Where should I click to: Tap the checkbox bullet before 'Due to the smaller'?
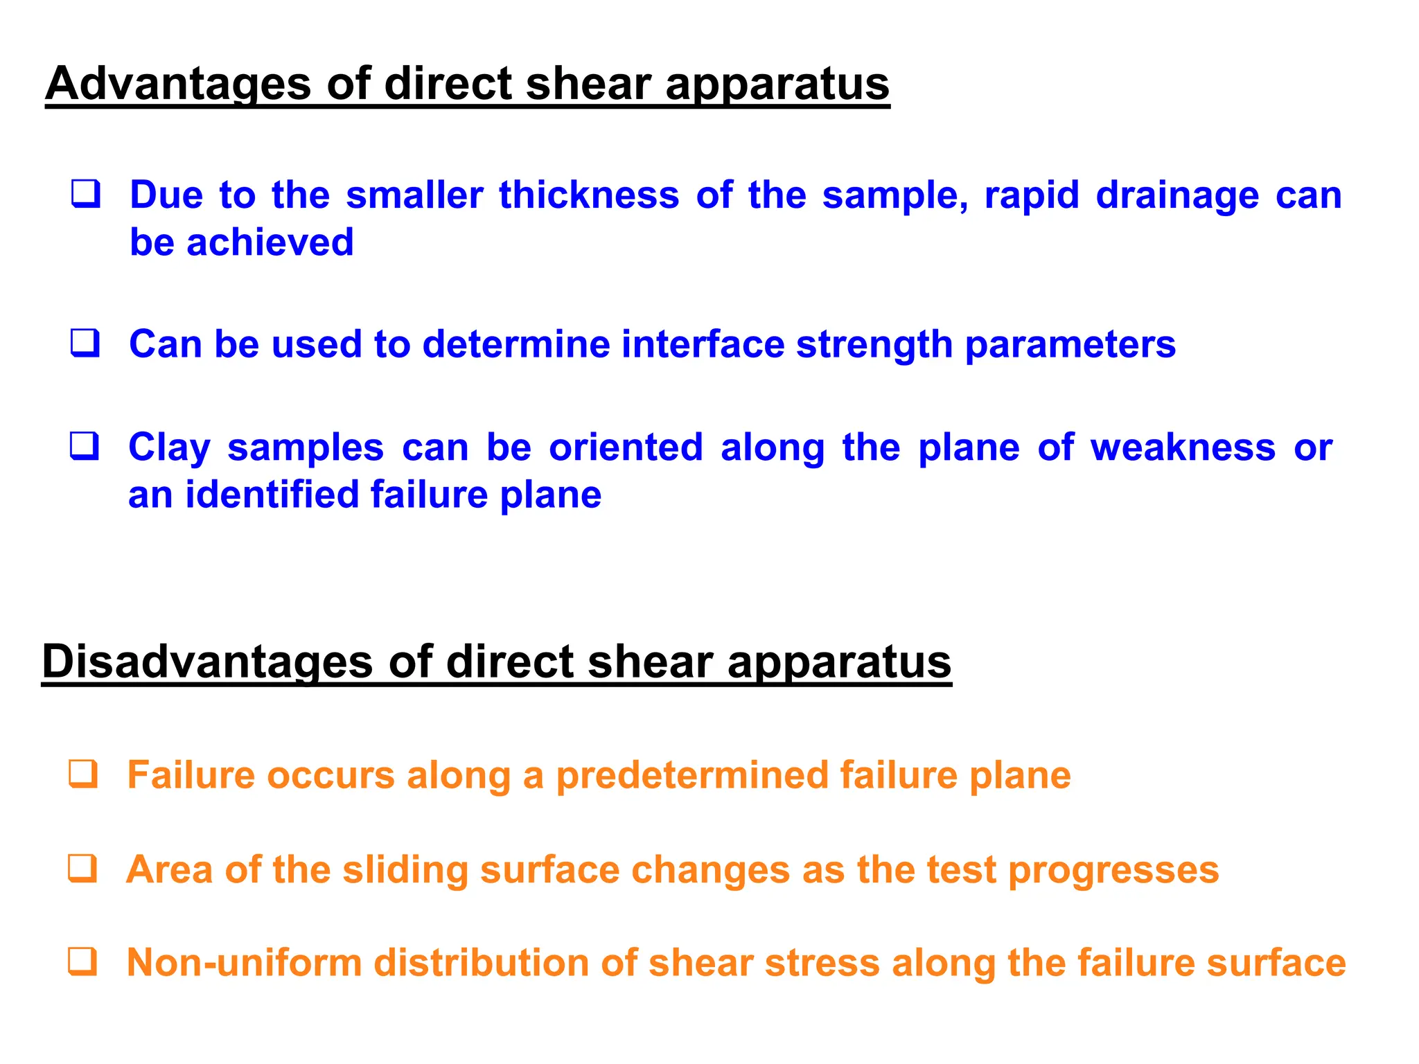(x=86, y=194)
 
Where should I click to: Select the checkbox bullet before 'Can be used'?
(x=85, y=343)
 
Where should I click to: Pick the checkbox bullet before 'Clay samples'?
(x=85, y=446)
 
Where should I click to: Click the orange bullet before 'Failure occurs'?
(x=83, y=774)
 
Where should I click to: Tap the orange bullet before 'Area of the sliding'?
(x=82, y=868)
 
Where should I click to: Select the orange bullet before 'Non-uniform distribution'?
(x=82, y=961)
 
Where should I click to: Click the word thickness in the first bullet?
(x=589, y=195)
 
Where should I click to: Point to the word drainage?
(x=1177, y=195)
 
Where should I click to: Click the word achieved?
(x=270, y=242)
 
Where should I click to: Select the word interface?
(x=703, y=344)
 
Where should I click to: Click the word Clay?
(x=169, y=448)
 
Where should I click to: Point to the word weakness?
(x=1183, y=447)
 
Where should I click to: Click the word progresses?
(x=1113, y=870)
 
